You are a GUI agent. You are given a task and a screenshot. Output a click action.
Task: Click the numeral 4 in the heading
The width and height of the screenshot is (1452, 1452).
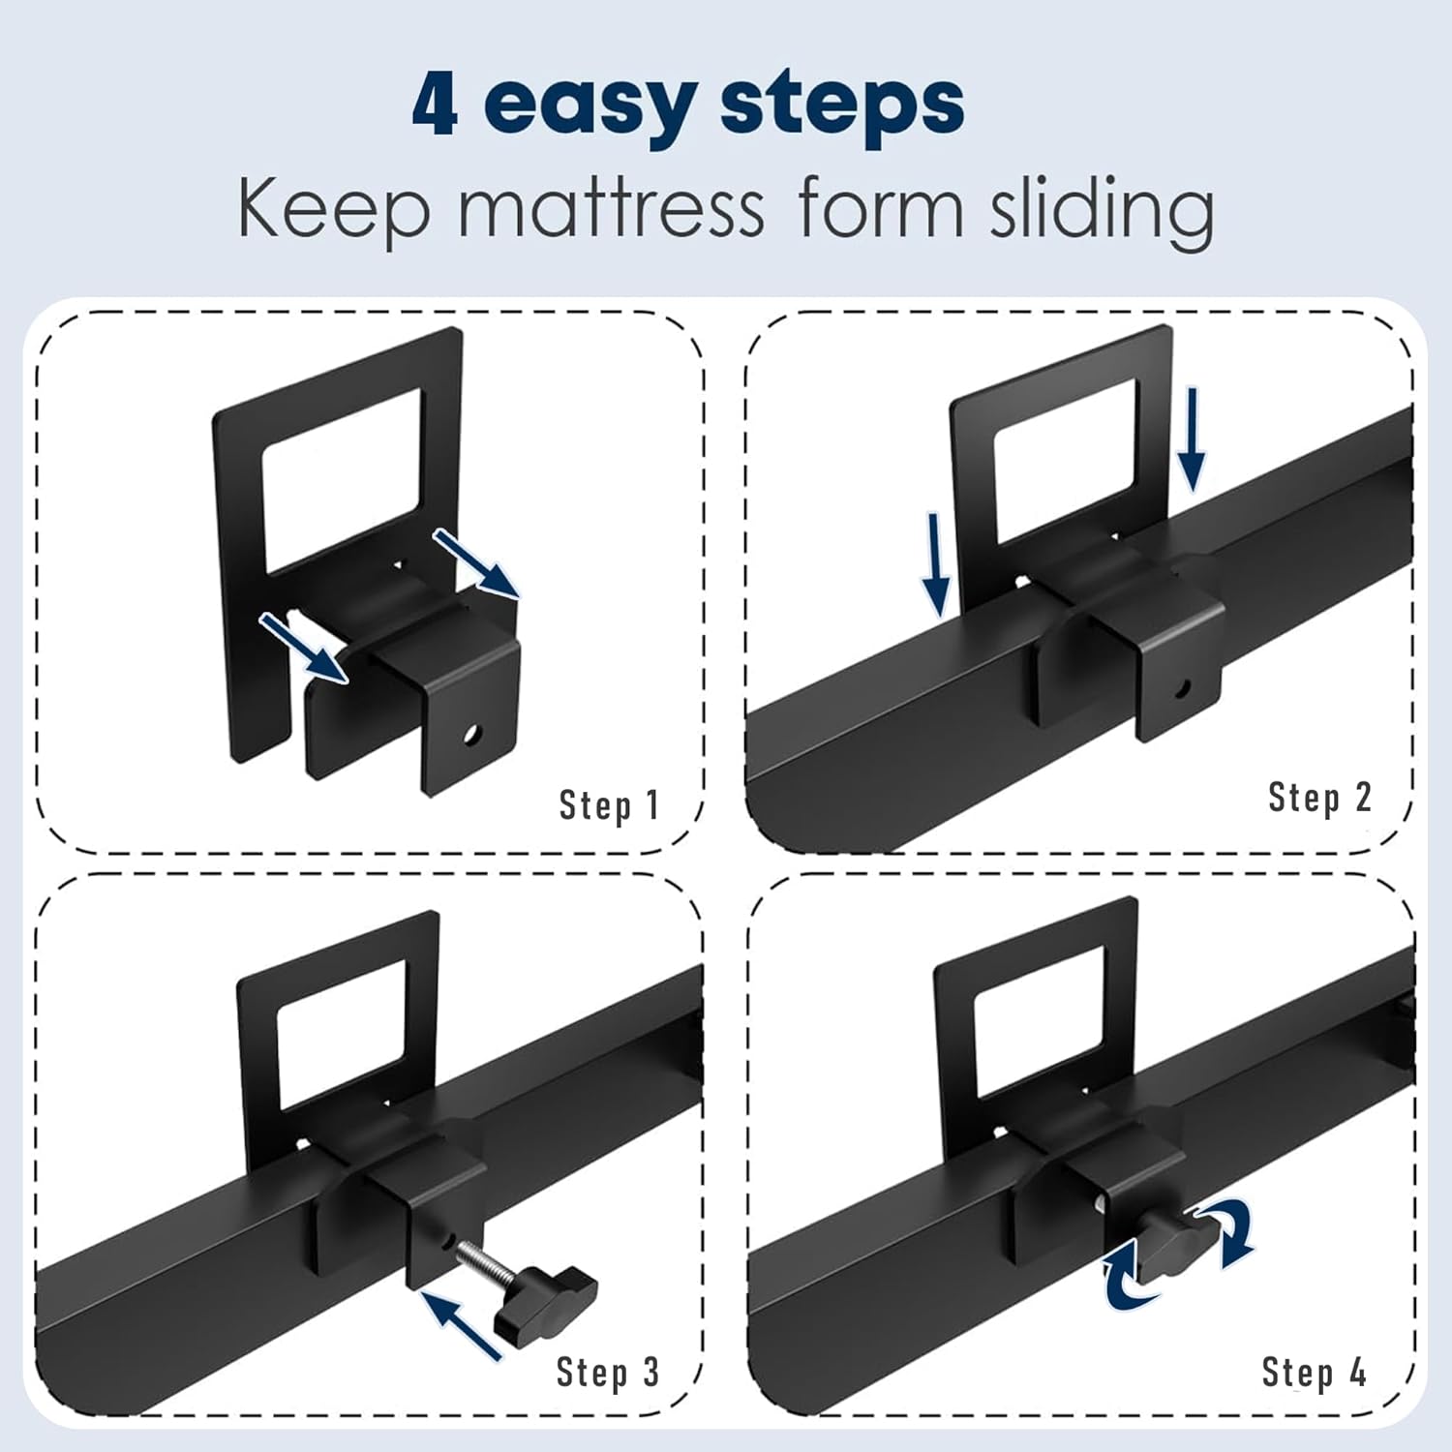[435, 104]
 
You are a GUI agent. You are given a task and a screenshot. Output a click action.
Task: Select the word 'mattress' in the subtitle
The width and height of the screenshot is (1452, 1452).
[611, 207]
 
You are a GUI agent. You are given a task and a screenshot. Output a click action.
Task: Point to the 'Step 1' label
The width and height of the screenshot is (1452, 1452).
[609, 804]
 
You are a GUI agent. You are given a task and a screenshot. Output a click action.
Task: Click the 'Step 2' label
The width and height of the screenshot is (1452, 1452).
[1319, 797]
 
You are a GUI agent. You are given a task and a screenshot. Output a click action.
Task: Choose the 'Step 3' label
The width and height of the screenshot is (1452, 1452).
[608, 1372]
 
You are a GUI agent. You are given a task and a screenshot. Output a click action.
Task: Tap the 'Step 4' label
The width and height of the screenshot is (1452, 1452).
[1314, 1372]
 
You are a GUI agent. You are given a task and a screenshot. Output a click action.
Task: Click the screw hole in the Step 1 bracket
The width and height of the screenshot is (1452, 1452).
[470, 735]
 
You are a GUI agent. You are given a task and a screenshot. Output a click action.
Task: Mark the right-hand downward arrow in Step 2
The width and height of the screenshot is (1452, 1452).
[1193, 440]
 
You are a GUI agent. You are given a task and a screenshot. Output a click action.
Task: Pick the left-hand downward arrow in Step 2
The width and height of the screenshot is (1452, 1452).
[936, 564]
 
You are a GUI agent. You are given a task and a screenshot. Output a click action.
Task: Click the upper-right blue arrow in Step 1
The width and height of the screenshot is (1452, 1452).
[475, 562]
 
